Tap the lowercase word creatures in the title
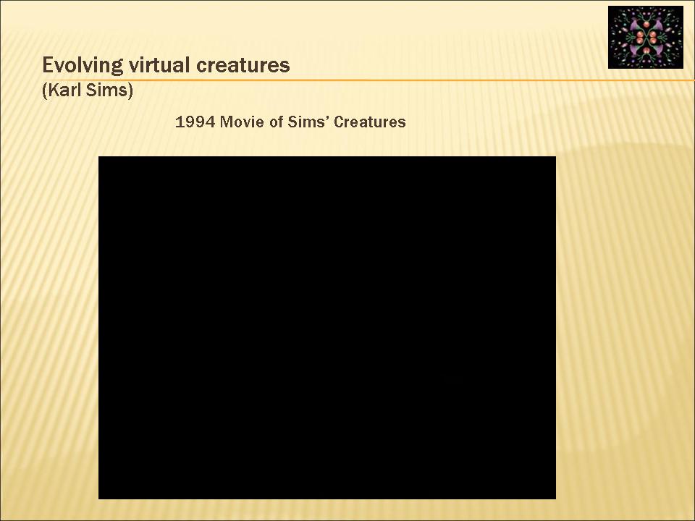tap(243, 65)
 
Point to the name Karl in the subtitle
tap(64, 90)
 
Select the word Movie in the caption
tap(242, 122)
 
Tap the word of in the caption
tap(277, 122)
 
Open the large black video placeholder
tap(327, 328)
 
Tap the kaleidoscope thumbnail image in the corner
tap(646, 37)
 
